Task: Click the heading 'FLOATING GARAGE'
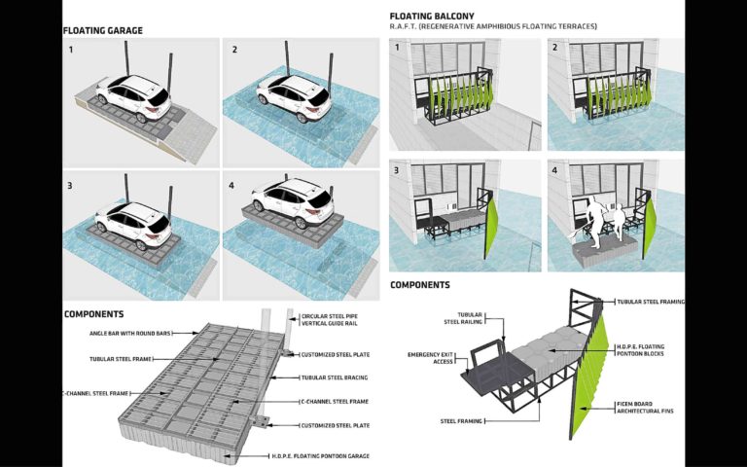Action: (x=103, y=30)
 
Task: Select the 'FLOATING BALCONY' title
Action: (x=433, y=16)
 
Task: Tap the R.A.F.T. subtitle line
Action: (x=493, y=27)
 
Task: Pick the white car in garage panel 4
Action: (x=290, y=200)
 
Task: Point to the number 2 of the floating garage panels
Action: (x=234, y=50)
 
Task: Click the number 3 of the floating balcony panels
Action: (x=396, y=170)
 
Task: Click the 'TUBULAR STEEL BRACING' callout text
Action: (x=334, y=377)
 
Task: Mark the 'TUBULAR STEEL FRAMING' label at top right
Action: (x=651, y=302)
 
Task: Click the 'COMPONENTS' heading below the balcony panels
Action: (x=419, y=285)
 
